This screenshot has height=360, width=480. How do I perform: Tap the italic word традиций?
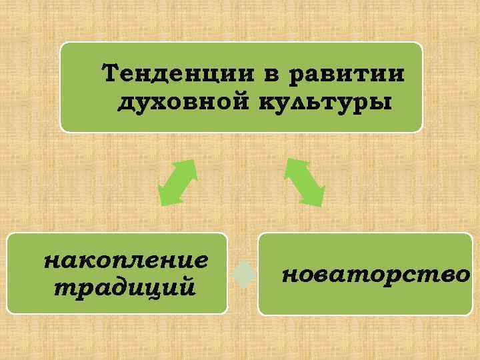pos(125,287)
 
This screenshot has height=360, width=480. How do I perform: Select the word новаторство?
pos(375,273)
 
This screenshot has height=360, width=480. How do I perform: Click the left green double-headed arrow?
pos(177,181)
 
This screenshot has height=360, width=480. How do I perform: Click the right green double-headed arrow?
pos(305,181)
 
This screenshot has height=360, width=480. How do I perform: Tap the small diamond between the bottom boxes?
pos(245,274)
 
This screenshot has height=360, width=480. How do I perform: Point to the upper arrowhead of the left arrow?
pos(189,167)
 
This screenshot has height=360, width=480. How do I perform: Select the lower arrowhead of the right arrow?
pos(316,196)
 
